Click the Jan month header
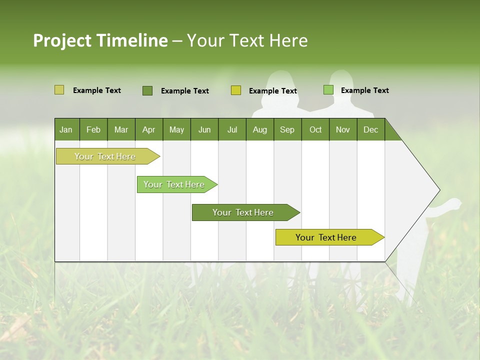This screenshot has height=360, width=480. point(66,129)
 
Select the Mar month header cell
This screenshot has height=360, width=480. point(121,129)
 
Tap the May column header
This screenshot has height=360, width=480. point(176,129)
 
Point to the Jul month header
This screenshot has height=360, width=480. point(232,129)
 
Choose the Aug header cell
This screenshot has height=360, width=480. point(259,129)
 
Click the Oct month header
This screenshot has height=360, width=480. point(315,129)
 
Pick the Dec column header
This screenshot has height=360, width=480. point(370,129)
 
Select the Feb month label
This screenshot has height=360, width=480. point(93,129)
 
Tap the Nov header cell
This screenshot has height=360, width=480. point(343,129)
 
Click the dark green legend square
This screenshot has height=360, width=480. point(147,90)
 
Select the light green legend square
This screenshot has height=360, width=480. point(328,90)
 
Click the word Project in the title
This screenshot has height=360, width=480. point(62,40)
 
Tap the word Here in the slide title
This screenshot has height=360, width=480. point(288,40)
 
